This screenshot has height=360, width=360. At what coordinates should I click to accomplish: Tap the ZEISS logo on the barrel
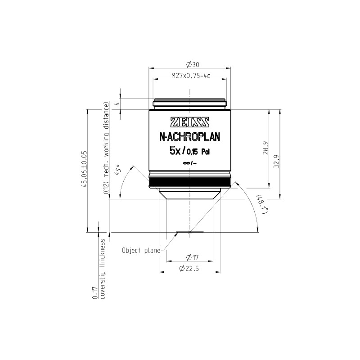189,122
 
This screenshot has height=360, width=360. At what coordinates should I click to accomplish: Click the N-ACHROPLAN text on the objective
189,136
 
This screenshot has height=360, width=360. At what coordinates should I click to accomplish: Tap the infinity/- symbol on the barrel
189,164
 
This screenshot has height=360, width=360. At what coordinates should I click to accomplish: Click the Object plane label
141,251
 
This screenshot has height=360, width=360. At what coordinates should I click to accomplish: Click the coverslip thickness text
103,269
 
